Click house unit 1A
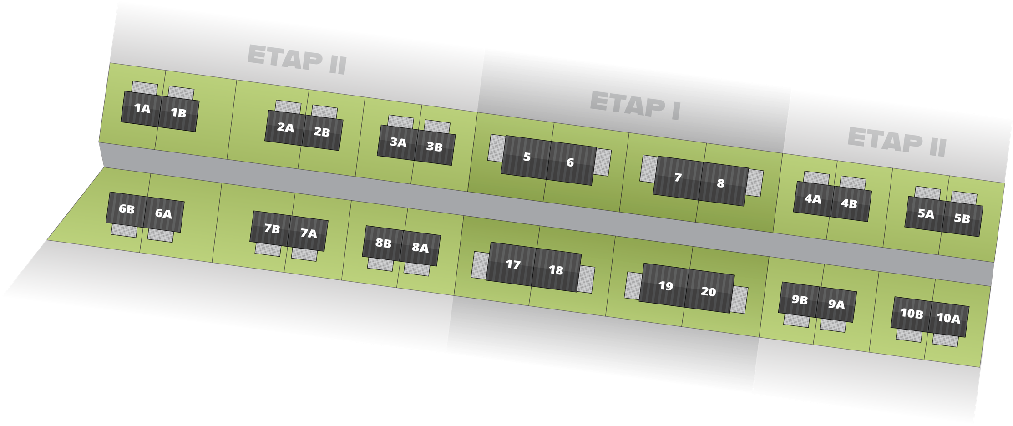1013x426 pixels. click(x=142, y=108)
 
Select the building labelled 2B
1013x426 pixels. click(x=322, y=132)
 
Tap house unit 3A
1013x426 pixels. click(x=397, y=142)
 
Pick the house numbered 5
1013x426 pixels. click(x=526, y=157)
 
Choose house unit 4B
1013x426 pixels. click(x=850, y=204)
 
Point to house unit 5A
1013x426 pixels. click(x=925, y=214)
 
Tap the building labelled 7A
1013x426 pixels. click(x=308, y=234)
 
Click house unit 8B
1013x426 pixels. click(x=383, y=243)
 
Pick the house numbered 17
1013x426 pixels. click(x=512, y=264)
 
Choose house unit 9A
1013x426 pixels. click(x=836, y=304)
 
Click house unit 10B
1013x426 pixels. click(x=911, y=314)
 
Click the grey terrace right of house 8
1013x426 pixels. click(x=755, y=183)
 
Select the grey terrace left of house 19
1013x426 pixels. click(x=633, y=286)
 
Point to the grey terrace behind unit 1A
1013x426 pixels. click(x=145, y=87)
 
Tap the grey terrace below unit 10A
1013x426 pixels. click(x=945, y=340)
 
